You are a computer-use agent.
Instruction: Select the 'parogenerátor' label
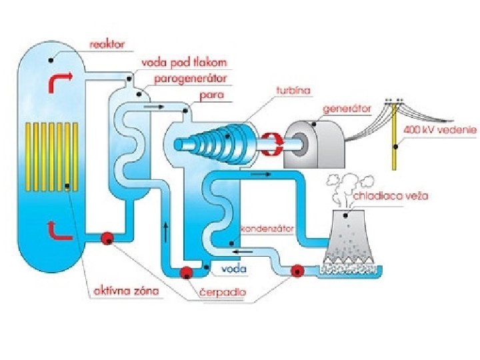point(191,79)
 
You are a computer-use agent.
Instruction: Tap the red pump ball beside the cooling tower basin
point(296,270)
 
